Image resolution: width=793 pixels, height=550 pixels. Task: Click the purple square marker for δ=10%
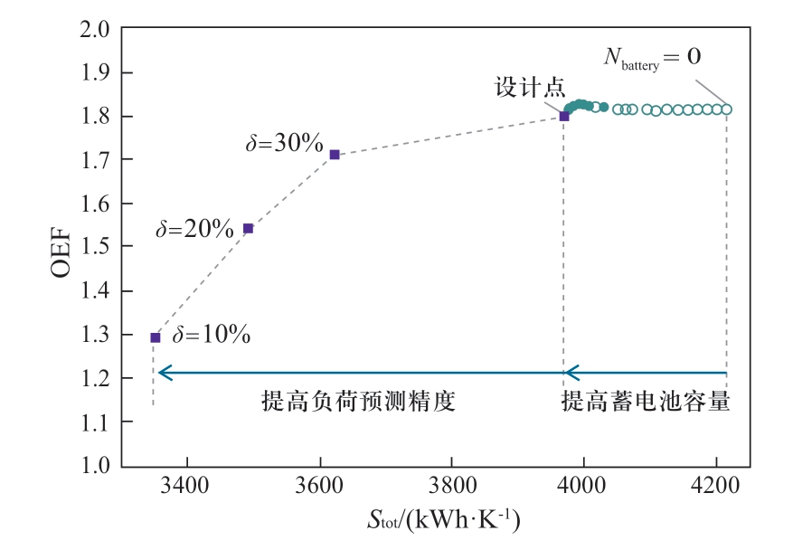(x=155, y=337)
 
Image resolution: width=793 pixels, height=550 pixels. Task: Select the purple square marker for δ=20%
(x=249, y=228)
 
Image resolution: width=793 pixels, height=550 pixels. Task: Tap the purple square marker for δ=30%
(x=335, y=155)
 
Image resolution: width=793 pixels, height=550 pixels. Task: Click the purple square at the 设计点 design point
(x=564, y=116)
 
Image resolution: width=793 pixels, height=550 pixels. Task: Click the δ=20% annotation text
(x=194, y=229)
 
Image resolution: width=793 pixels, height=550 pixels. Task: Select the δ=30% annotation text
(x=284, y=143)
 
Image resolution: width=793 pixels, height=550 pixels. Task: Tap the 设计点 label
(x=530, y=88)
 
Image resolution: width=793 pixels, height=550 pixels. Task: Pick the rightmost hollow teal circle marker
(x=726, y=109)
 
